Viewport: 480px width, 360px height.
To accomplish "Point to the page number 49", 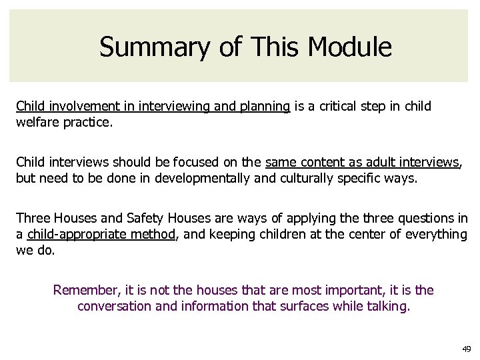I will click(x=465, y=349).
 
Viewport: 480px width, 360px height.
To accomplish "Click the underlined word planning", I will click(x=265, y=107).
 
